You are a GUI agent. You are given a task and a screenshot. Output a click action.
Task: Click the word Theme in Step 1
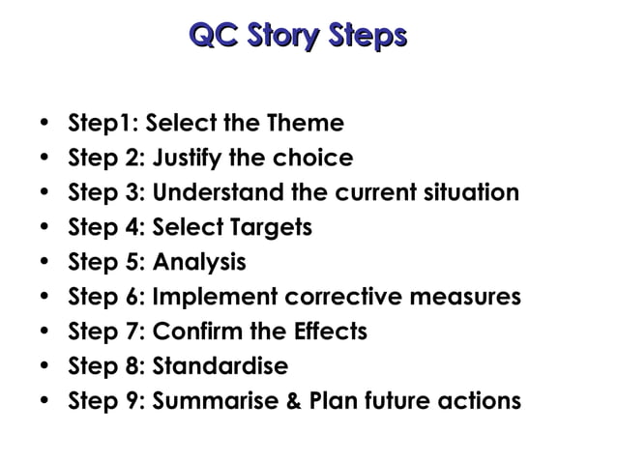click(306, 124)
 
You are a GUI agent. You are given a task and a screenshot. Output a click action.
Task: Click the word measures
click(473, 297)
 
